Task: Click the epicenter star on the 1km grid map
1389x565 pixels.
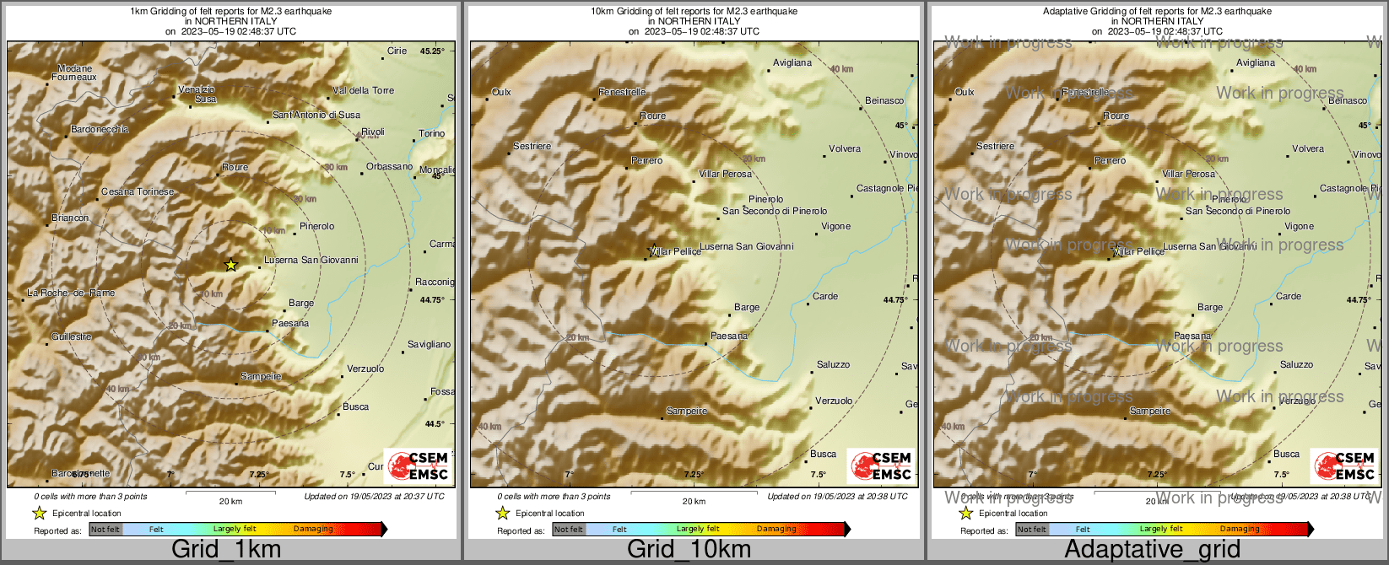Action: pos(231,265)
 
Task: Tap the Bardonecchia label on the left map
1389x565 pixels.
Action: pos(100,129)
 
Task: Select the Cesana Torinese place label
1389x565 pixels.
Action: pos(138,191)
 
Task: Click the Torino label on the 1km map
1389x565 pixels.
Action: pos(431,133)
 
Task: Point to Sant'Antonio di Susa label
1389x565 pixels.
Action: pos(316,115)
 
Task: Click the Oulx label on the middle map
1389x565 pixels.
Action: pos(501,92)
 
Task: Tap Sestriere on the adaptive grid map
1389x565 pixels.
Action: pos(995,146)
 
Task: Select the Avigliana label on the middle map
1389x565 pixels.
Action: pos(792,62)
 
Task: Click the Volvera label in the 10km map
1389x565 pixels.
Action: pos(844,148)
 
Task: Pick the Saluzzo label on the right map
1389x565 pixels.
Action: pos(1296,364)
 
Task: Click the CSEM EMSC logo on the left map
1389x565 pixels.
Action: pos(416,466)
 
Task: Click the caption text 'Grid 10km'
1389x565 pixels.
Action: pos(689,549)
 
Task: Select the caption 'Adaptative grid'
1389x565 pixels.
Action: pos(1152,549)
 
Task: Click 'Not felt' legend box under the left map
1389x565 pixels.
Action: pos(105,530)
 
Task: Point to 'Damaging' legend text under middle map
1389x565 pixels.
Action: pos(776,530)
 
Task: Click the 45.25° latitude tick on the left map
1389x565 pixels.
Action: pos(431,51)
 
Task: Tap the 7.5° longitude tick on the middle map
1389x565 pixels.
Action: pos(818,475)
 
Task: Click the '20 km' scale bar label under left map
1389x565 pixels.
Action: pos(230,501)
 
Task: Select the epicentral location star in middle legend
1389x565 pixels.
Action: pos(502,513)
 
